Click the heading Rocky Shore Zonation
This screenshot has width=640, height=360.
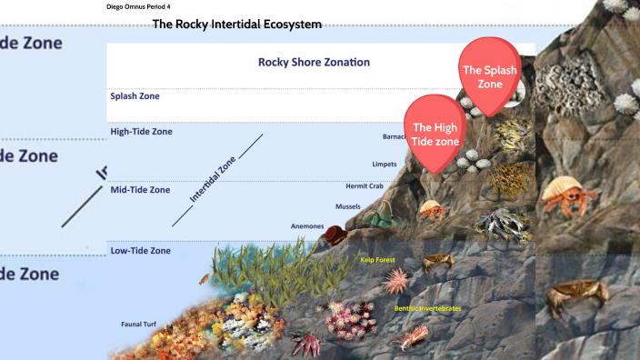pyautogui.click(x=314, y=63)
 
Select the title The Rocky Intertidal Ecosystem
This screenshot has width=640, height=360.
pyautogui.click(x=236, y=25)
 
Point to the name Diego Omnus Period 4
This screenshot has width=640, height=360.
pyautogui.click(x=138, y=6)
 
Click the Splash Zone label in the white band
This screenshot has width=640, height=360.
pyautogui.click(x=135, y=95)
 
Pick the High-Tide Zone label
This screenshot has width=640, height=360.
pyautogui.click(x=140, y=132)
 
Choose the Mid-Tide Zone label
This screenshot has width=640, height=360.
pyautogui.click(x=140, y=190)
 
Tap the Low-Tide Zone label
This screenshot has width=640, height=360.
pyautogui.click(x=140, y=250)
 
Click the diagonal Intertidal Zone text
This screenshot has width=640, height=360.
pyautogui.click(x=212, y=178)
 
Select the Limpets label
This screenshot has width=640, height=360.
pyautogui.click(x=384, y=165)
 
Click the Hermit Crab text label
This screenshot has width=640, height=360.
pyautogui.click(x=364, y=186)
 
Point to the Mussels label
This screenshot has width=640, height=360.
pyautogui.click(x=348, y=206)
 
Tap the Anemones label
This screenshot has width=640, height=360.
pyautogui.click(x=306, y=225)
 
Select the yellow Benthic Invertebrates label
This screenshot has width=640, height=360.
pyautogui.click(x=427, y=308)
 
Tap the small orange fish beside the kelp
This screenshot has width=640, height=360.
pyautogui.click(x=205, y=278)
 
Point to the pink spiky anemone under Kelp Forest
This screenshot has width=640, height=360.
pyautogui.click(x=395, y=281)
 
